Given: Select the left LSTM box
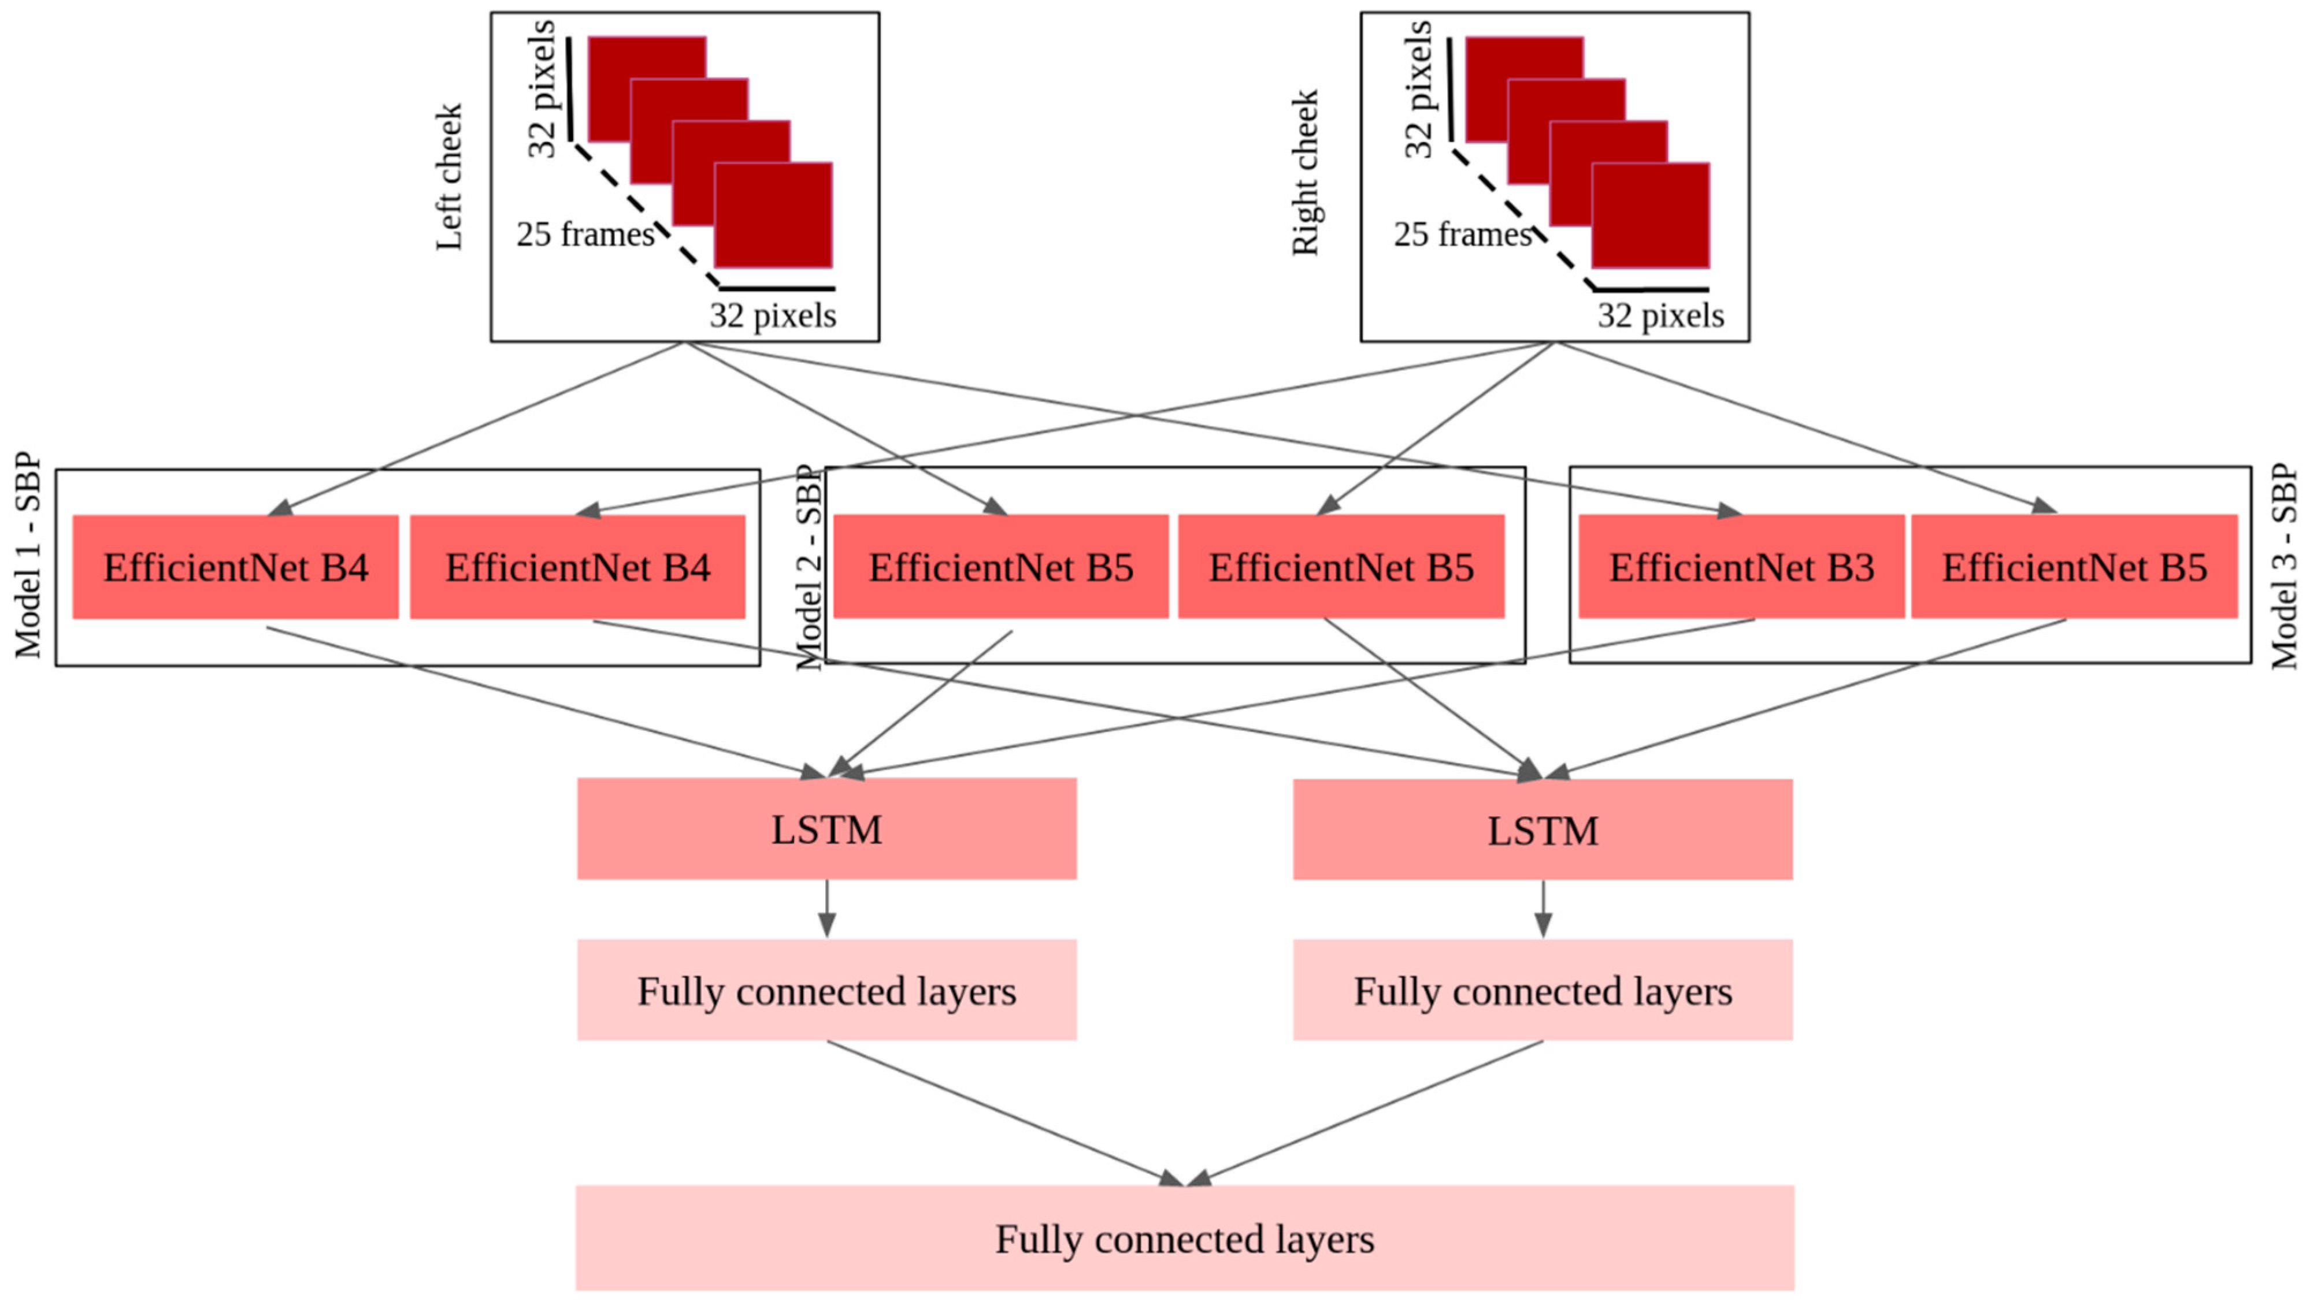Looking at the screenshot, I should (x=826, y=828).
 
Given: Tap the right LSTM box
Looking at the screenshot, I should (x=1543, y=829).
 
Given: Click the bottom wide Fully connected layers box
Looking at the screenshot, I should (x=1184, y=1238).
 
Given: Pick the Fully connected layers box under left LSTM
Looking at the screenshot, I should (x=826, y=990).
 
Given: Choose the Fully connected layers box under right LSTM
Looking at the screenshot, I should (x=1543, y=990).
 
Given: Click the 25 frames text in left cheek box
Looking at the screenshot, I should (x=585, y=235).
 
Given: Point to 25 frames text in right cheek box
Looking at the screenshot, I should (x=1462, y=235).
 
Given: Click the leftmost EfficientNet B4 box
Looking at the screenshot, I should (x=236, y=566).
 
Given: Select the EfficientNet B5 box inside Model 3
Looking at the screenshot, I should (x=2074, y=566).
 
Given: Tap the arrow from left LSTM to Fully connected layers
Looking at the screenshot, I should (x=826, y=908).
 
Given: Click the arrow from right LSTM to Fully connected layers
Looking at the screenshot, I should (x=1543, y=908).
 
